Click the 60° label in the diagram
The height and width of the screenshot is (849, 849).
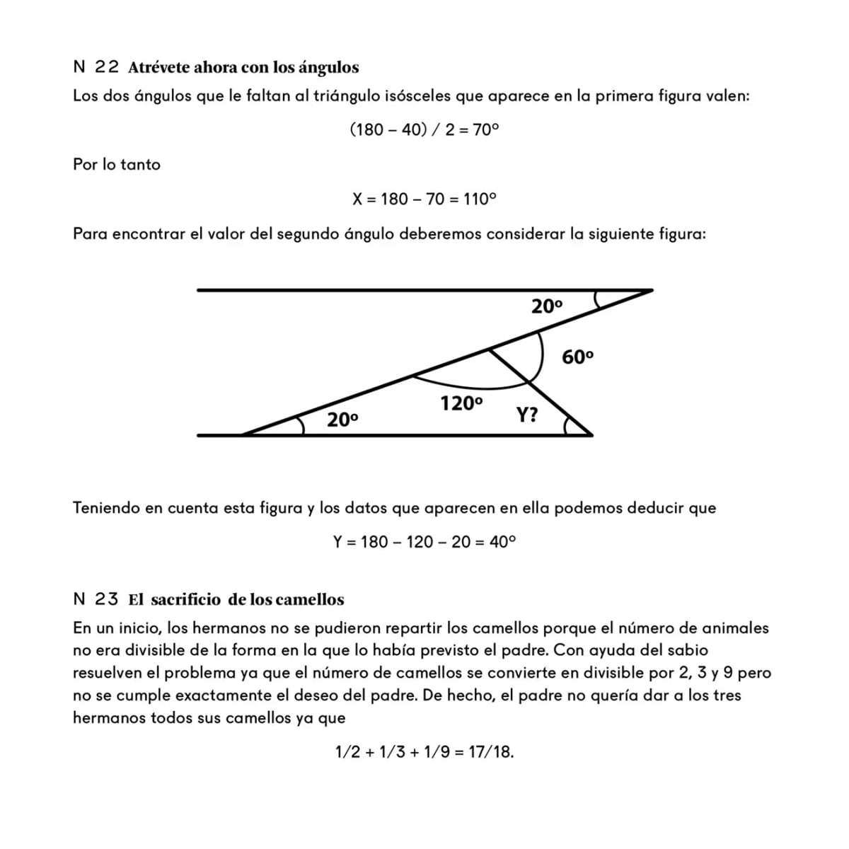[x=577, y=357]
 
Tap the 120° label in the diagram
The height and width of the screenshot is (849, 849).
[x=461, y=404]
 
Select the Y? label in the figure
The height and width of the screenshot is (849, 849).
[x=526, y=415]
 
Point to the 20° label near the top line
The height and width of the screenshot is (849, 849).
[x=547, y=306]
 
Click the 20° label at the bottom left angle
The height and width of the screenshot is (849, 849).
[x=342, y=420]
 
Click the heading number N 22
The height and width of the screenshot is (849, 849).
[x=96, y=67]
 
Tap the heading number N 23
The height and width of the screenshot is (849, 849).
[x=96, y=599]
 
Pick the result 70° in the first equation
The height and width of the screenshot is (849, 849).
[x=485, y=129]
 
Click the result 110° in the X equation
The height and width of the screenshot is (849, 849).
[x=480, y=199]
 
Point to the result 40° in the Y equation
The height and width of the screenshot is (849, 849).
[x=502, y=542]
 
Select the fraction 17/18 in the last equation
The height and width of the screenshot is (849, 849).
[x=490, y=752]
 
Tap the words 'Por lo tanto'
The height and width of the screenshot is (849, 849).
[x=117, y=164]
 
